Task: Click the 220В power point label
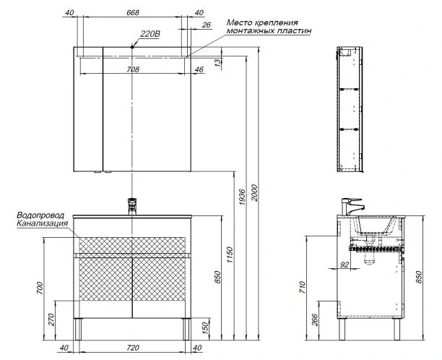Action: [x=150, y=34]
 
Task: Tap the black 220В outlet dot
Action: [x=132, y=47]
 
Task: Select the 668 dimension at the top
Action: [x=133, y=13]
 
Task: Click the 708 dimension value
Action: [x=133, y=69]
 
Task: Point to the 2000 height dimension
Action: [x=254, y=193]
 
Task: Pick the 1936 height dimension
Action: [x=242, y=197]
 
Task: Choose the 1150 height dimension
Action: [x=230, y=254]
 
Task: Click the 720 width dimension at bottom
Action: [x=133, y=348]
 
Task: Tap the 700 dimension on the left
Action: [x=40, y=288]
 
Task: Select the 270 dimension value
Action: [x=51, y=320]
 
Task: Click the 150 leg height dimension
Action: [x=206, y=327]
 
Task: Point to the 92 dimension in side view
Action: [x=344, y=265]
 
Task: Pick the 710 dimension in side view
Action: [x=303, y=287]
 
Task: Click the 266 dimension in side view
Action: [x=315, y=320]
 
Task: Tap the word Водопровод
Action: [x=40, y=215]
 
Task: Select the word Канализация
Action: [x=43, y=223]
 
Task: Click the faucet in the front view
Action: [x=132, y=206]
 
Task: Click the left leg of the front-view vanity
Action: [x=77, y=329]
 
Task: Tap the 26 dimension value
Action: [x=207, y=25]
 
